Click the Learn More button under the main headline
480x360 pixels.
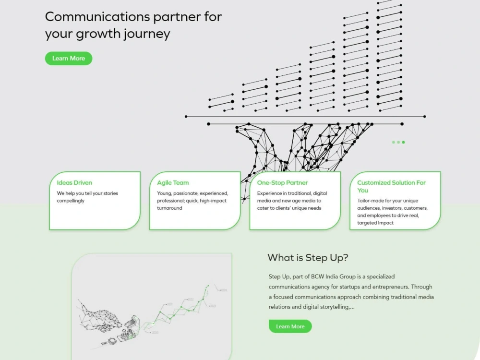[69, 59]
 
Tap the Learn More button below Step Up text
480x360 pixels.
[290, 326]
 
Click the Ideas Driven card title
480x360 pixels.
[74, 183]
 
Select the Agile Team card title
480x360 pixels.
[173, 183]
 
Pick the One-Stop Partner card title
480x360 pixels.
[282, 183]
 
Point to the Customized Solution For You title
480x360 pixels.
[392, 186]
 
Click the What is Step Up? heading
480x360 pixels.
[308, 258]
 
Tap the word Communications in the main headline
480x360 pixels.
[97, 17]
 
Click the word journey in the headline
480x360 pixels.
[146, 34]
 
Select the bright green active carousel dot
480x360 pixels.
[404, 142]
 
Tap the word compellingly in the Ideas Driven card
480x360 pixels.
[71, 201]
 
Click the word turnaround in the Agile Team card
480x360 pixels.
[169, 208]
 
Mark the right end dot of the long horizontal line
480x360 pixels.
[425, 117]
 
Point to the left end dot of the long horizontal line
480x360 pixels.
[186, 117]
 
